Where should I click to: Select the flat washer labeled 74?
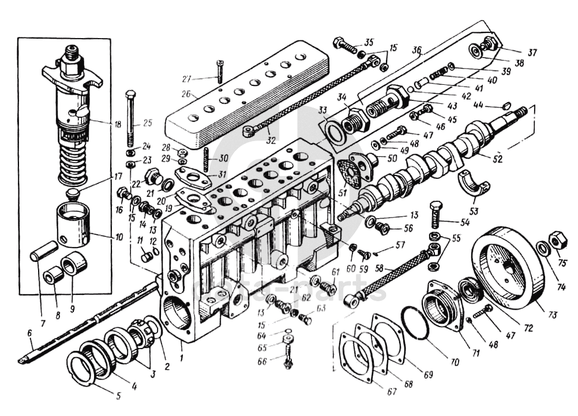[x=543, y=249]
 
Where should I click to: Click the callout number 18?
[x=118, y=123]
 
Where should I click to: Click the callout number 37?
[x=531, y=53]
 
